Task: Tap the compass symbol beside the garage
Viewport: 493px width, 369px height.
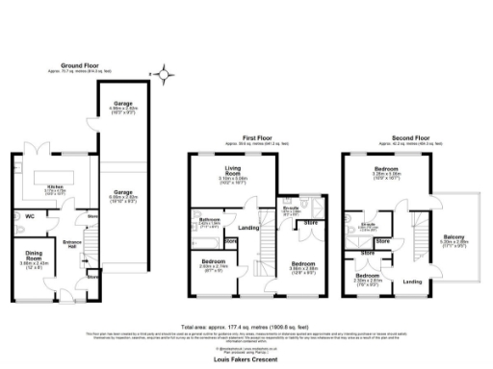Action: coord(165,72)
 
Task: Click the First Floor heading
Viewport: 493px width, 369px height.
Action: coord(254,138)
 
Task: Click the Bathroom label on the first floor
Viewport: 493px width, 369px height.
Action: coord(211,220)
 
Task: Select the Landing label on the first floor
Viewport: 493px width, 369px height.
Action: coord(247,228)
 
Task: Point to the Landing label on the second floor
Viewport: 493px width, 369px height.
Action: coord(412,282)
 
